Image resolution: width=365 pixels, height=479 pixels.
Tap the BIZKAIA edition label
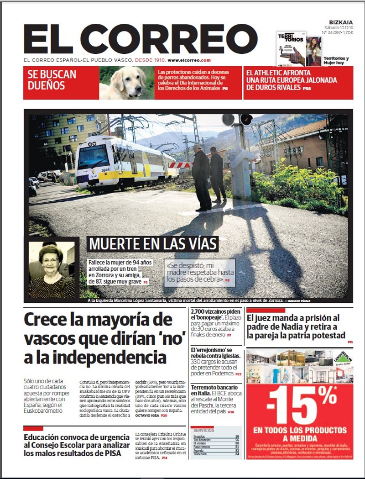pyautogui.click(x=342, y=22)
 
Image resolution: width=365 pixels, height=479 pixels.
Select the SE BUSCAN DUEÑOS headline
pyautogui.click(x=52, y=80)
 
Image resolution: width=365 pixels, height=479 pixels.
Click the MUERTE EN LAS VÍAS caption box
pyautogui.click(x=152, y=243)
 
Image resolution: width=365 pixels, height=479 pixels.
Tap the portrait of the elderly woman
pyautogui.click(x=51, y=270)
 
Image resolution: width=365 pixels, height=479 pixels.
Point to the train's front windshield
pyautogui.click(x=93, y=156)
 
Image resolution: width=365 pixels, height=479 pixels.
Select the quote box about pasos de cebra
pyautogui.click(x=201, y=272)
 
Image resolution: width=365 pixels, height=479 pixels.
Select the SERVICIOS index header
pyautogui.click(x=203, y=430)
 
